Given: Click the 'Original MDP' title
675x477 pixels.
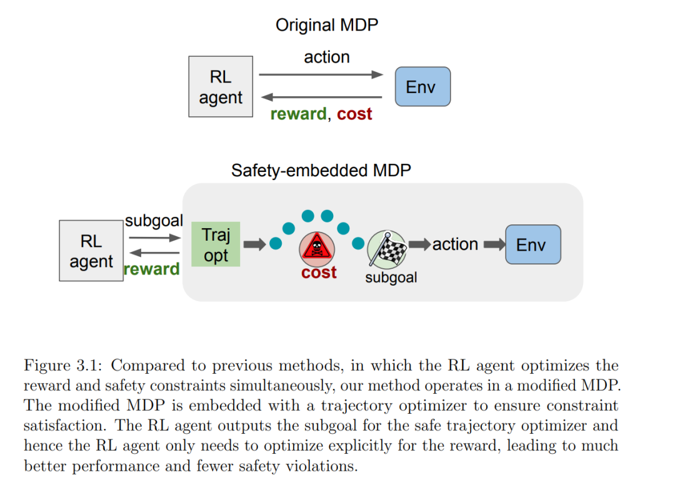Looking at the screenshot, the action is point(327,25).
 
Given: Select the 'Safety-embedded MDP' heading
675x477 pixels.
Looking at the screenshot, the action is point(321,171).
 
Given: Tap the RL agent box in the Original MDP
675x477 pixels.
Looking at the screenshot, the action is point(221,86).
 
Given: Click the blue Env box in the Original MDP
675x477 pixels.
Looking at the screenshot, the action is point(422,86).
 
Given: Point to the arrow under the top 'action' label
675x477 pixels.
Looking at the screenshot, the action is point(321,74).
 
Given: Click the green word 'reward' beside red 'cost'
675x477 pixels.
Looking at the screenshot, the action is point(298,114).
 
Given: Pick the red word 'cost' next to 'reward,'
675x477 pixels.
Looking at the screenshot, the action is point(354,114).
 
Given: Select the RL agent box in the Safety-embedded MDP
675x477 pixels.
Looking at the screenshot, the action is point(91,251).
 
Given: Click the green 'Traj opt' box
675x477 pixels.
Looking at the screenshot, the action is point(216,244).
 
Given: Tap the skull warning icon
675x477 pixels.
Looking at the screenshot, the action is point(317,248).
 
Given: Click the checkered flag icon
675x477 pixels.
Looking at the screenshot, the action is point(387,249).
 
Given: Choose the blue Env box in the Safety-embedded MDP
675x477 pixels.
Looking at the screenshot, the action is point(533,244).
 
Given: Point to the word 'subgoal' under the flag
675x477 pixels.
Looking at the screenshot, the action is point(391,278).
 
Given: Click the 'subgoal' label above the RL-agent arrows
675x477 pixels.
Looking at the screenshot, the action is point(154,221).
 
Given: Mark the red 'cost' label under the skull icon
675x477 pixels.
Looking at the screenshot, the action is point(319,273).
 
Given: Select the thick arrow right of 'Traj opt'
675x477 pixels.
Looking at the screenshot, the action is point(255,244).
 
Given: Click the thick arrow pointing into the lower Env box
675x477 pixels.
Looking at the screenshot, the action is point(494,244).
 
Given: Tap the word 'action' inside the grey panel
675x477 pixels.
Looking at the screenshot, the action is point(455,244).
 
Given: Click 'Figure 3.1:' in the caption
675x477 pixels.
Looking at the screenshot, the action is point(63,366).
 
